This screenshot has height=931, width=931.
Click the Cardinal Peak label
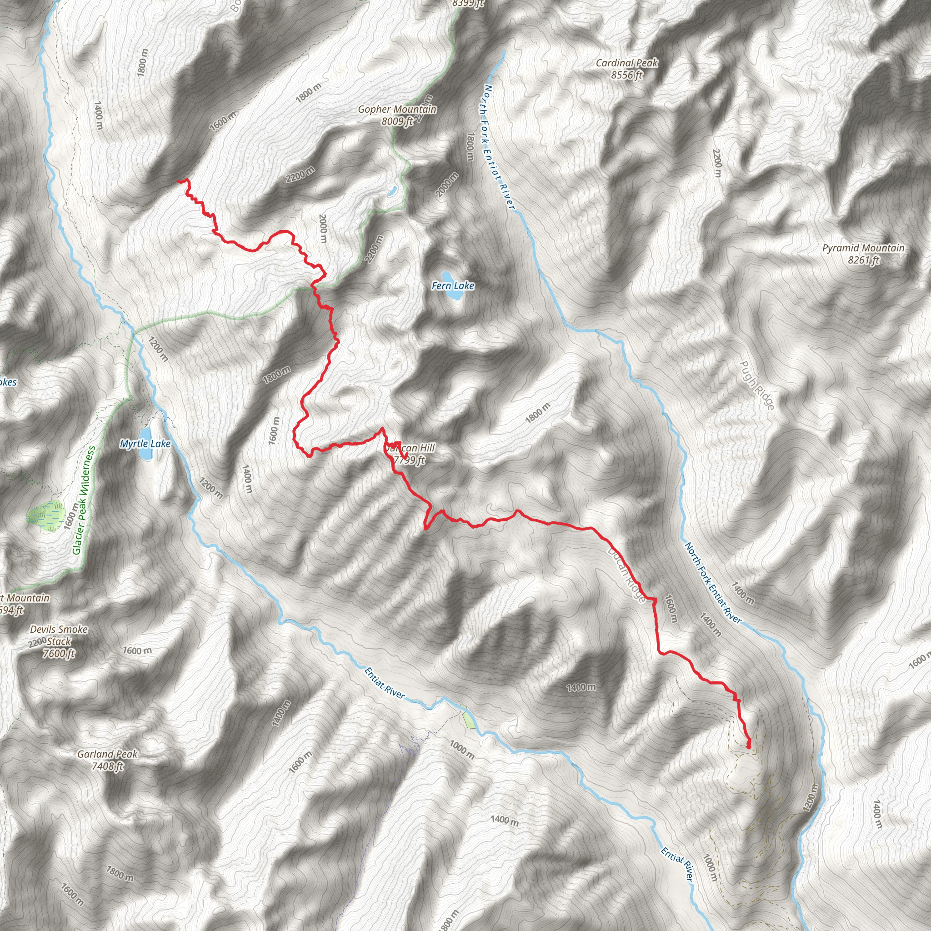626,63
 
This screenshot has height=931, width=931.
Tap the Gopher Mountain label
397,110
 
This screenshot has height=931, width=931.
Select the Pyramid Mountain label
863,248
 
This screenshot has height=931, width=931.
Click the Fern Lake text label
453,286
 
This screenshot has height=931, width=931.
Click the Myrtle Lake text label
145,444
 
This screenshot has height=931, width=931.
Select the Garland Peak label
107,754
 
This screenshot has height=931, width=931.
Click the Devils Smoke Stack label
59,635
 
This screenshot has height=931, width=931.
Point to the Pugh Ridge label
756,385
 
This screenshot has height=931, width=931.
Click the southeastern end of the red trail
748,746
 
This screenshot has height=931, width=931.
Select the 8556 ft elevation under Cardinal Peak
626,75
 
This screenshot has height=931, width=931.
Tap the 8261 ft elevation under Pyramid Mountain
864,260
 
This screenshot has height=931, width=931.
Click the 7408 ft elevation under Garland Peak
107,766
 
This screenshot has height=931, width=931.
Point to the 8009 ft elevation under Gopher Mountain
397,121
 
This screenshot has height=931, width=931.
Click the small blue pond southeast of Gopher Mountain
393,191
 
